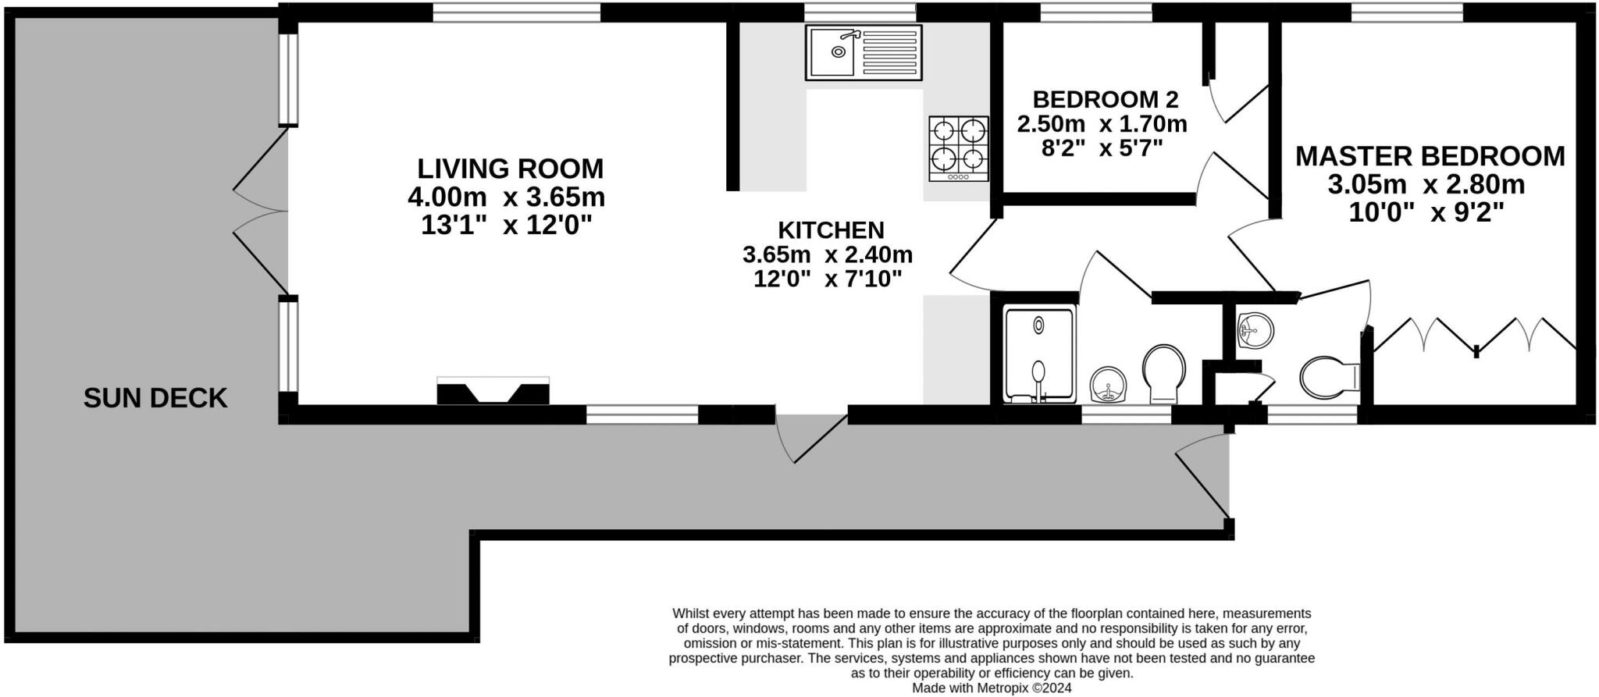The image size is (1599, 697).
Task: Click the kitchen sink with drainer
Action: (x=864, y=52)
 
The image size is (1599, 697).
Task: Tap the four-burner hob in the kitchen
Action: (x=958, y=148)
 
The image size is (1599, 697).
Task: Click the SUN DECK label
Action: (x=155, y=398)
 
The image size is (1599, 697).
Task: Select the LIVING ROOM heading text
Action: (x=510, y=169)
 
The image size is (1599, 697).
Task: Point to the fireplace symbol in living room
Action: (x=493, y=390)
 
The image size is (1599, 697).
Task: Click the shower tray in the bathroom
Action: (x=1038, y=355)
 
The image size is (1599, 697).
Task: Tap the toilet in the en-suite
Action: (x=1329, y=378)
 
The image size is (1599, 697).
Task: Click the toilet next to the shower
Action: (x=1163, y=373)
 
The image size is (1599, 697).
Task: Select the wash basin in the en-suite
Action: (x=1255, y=329)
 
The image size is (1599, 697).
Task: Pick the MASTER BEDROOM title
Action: (x=1430, y=156)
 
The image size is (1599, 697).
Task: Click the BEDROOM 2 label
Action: (x=1105, y=100)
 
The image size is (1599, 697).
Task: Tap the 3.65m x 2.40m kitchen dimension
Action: (x=828, y=254)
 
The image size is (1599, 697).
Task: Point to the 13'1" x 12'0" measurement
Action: (x=506, y=226)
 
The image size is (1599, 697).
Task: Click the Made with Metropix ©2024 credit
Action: (x=992, y=688)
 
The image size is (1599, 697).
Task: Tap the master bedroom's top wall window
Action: (x=1418, y=12)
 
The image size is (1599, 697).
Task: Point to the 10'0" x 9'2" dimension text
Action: (x=1426, y=212)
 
